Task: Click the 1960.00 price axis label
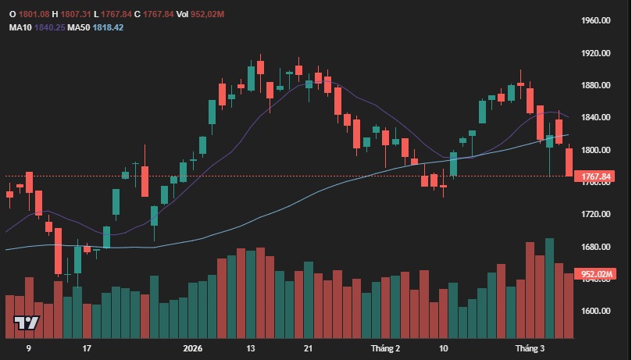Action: [595, 20]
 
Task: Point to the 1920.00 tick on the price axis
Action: [595, 53]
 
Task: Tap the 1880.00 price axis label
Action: [595, 85]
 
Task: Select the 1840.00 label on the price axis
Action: [595, 117]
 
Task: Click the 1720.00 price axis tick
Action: [595, 214]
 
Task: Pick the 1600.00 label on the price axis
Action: [595, 311]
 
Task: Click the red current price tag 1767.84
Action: [595, 176]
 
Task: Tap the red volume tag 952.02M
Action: [595, 274]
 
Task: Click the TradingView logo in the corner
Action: [27, 323]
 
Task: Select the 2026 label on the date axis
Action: [191, 348]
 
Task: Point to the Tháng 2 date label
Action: [385, 348]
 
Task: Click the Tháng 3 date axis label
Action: [530, 348]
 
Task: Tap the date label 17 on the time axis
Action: [87, 348]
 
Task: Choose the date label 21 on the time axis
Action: [309, 348]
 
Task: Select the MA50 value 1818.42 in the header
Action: [107, 27]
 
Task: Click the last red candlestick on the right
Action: [569, 162]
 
